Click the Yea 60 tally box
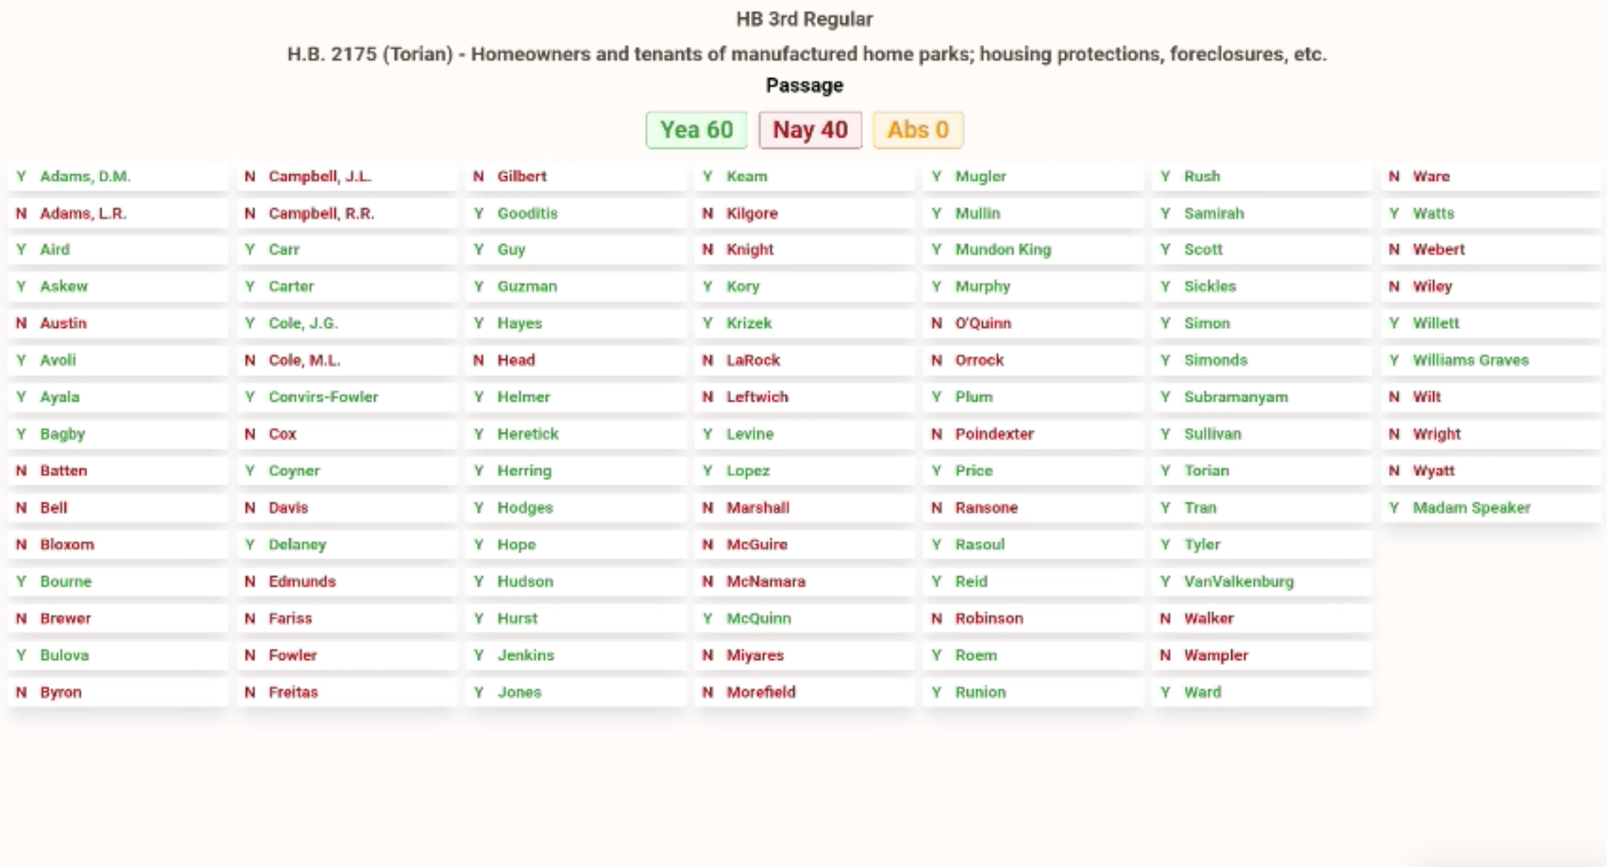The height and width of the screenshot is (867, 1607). [696, 130]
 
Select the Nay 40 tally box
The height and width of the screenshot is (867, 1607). [810, 130]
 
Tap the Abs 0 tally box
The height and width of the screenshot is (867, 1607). [917, 130]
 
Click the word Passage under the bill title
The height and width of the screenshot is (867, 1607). [804, 85]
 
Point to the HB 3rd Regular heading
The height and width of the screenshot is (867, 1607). [804, 20]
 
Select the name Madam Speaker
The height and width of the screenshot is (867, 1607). [1471, 508]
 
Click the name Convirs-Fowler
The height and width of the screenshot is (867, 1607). [323, 397]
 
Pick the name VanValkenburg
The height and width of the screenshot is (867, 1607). [1238, 582]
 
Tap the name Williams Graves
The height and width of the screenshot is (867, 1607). [1470, 360]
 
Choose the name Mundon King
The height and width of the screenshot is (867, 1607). [1002, 250]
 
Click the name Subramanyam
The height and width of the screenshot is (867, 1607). [1235, 397]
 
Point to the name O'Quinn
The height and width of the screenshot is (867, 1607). [982, 323]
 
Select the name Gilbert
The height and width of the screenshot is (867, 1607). [522, 176]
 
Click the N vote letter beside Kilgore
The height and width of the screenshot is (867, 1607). [708, 213]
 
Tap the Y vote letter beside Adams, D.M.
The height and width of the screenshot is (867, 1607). [21, 176]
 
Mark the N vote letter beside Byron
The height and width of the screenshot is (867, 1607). [21, 692]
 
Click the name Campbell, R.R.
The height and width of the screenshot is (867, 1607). [321, 213]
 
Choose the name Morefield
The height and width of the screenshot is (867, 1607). [761, 692]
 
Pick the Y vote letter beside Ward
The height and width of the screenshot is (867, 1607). [1165, 692]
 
